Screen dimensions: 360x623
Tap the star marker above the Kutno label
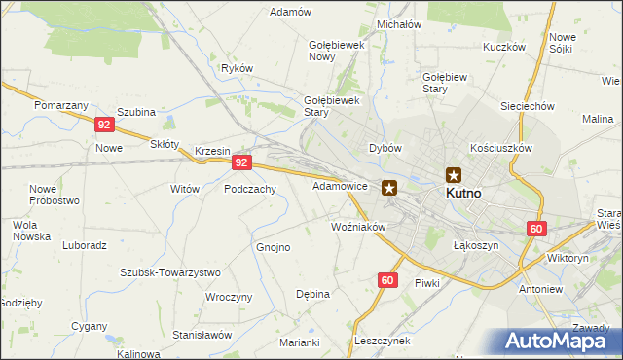pyautogui.click(x=454, y=175)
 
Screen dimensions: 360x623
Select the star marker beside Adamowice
pyautogui.click(x=389, y=188)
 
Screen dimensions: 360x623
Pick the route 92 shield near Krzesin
pyautogui.click(x=243, y=163)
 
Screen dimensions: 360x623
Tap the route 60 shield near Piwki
pyautogui.click(x=387, y=280)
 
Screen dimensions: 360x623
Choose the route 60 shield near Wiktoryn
pyautogui.click(x=536, y=229)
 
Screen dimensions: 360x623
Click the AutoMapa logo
pyautogui.click(x=555, y=340)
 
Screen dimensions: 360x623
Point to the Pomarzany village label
pyautogui.click(x=61, y=104)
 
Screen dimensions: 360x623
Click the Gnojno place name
pyautogui.click(x=274, y=247)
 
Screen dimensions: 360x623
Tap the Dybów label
pyautogui.click(x=385, y=148)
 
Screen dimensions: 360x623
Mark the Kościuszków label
pyautogui.click(x=500, y=146)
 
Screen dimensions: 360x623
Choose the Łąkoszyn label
pyautogui.click(x=476, y=246)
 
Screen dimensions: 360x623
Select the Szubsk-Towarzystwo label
pyautogui.click(x=170, y=272)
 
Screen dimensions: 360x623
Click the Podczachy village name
pyautogui.click(x=250, y=189)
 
